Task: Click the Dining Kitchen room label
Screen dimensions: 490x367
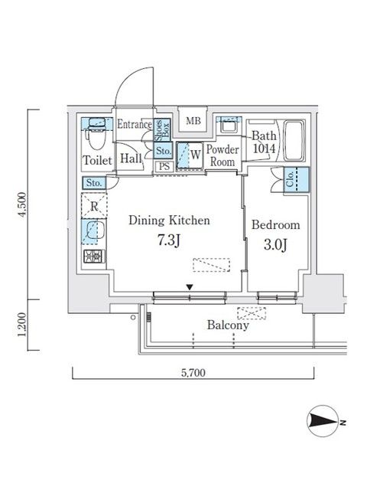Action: pyautogui.click(x=169, y=220)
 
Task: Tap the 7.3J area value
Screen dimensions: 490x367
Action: pyautogui.click(x=169, y=240)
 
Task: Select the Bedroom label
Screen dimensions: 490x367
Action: pyautogui.click(x=275, y=225)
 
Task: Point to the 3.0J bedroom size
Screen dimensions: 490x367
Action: pyautogui.click(x=275, y=245)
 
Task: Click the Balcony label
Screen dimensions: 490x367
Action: pyautogui.click(x=228, y=325)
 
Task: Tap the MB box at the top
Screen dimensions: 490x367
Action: pyautogui.click(x=193, y=119)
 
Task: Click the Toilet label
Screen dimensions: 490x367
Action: pyautogui.click(x=97, y=160)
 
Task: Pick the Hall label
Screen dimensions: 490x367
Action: pyautogui.click(x=129, y=158)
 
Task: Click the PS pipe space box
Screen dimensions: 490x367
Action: pyautogui.click(x=163, y=165)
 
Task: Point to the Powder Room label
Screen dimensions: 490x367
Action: pyautogui.click(x=223, y=155)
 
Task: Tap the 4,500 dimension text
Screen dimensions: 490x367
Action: pyautogui.click(x=22, y=206)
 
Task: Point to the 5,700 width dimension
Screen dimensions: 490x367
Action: pyautogui.click(x=194, y=373)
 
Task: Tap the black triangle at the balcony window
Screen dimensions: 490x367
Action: pyautogui.click(x=190, y=288)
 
